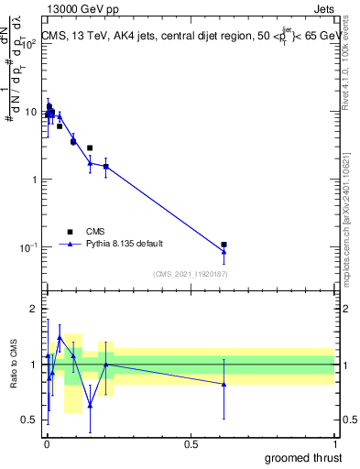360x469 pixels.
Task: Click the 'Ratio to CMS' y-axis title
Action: point(14,364)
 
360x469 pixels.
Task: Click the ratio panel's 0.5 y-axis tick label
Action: point(30,420)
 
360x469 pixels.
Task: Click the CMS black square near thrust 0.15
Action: point(90,147)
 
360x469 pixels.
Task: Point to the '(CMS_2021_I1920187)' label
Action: point(191,274)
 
